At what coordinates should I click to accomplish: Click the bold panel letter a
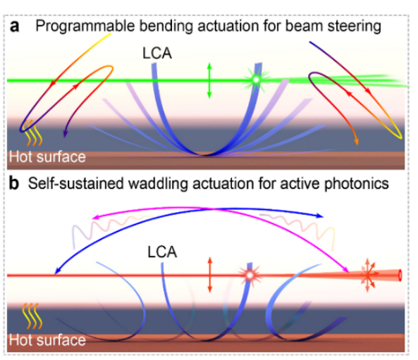point(14,27)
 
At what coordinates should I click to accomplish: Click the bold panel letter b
point(14,184)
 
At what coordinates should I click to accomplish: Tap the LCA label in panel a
point(157,53)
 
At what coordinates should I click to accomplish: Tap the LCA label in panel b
point(162,252)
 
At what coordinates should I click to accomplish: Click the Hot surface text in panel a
point(47,156)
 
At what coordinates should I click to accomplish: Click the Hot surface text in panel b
point(47,340)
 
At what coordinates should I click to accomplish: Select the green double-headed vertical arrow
point(209,80)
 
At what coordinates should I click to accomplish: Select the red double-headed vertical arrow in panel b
point(210,275)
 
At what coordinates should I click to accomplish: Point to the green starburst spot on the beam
point(256,80)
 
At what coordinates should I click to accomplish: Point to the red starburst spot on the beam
point(250,275)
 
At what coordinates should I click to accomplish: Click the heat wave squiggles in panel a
point(32,133)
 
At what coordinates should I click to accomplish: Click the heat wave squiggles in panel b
point(32,316)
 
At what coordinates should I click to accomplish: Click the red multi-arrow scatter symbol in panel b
point(368,275)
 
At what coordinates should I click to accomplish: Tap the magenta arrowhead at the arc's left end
point(95,217)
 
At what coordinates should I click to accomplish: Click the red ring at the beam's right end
point(400,275)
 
